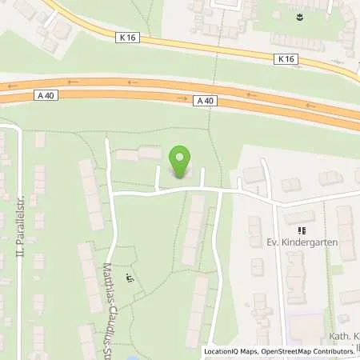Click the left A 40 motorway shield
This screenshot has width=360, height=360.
point(45,94)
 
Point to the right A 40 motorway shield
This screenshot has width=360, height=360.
point(204,100)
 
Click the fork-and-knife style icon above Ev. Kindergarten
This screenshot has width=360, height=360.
point(302,230)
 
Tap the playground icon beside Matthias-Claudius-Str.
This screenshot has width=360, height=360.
point(130,279)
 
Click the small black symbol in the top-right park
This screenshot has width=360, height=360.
point(299,15)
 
